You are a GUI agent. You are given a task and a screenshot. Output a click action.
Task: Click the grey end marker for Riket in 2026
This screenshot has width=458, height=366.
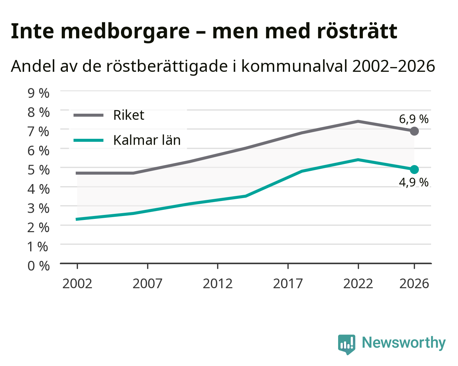tap(414, 131)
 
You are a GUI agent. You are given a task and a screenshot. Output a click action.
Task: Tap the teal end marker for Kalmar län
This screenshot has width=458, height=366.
tap(414, 169)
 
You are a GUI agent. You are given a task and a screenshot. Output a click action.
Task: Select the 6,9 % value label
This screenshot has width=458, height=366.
tap(413, 119)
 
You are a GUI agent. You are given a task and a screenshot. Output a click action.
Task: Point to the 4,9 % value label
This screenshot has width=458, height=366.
tap(413, 183)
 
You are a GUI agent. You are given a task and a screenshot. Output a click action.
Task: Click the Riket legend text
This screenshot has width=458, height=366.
tap(129, 115)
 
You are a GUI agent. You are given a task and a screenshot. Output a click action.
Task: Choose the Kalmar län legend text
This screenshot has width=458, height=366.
tap(147, 140)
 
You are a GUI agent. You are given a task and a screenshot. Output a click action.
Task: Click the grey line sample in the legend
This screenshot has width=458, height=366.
tap(89, 115)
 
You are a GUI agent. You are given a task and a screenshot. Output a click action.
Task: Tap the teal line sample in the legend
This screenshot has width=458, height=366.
tap(89, 140)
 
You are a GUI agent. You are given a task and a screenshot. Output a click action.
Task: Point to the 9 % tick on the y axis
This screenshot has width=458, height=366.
tap(38, 93)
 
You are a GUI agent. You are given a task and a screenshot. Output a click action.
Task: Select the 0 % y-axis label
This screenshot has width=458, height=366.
tap(38, 266)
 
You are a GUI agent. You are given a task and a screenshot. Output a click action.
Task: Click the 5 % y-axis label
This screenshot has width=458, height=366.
tap(38, 170)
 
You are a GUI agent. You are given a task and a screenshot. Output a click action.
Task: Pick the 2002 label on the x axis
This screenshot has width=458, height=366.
tap(77, 283)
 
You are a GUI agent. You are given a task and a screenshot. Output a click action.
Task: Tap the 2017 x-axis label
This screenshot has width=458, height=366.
tap(288, 283)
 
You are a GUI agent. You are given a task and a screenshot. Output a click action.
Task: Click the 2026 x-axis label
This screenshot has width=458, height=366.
tap(414, 283)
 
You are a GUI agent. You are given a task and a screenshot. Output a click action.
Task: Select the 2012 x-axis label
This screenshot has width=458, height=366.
tap(218, 283)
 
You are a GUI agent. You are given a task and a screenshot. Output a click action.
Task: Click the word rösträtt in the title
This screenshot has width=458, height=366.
tap(357, 31)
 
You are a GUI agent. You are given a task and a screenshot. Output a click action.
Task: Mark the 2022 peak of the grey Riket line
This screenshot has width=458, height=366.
tap(358, 122)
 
